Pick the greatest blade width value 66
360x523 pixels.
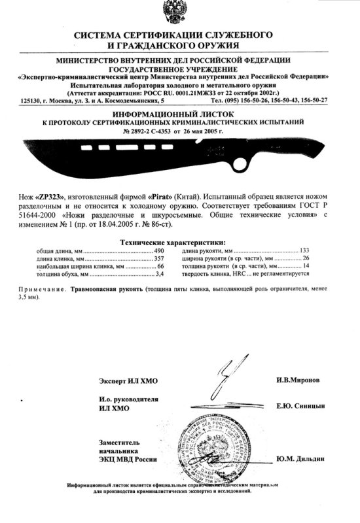(x=160, y=267)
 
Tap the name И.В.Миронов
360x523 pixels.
(x=298, y=380)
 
